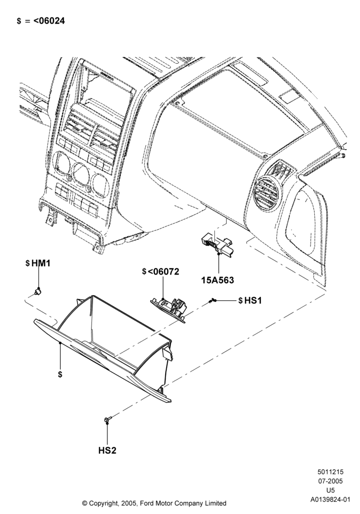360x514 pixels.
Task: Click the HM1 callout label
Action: point(41,263)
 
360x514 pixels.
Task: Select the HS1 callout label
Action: point(253,300)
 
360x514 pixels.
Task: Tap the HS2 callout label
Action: point(107,450)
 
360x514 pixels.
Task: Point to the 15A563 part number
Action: point(218,280)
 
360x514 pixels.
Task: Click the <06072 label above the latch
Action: point(163,271)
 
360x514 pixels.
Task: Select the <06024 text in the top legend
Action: point(49,21)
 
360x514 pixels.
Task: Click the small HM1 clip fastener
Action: point(39,291)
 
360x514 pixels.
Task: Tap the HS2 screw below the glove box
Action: point(108,419)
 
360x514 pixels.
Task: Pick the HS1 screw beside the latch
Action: point(213,300)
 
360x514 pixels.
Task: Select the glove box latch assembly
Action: point(170,307)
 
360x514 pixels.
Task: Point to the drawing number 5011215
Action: point(330,472)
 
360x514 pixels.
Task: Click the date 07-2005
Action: point(330,481)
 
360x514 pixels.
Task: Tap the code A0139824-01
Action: point(330,500)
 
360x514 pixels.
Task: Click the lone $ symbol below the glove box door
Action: point(60,374)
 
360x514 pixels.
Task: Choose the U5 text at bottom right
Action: point(330,490)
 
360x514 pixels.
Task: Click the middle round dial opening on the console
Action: point(81,174)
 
